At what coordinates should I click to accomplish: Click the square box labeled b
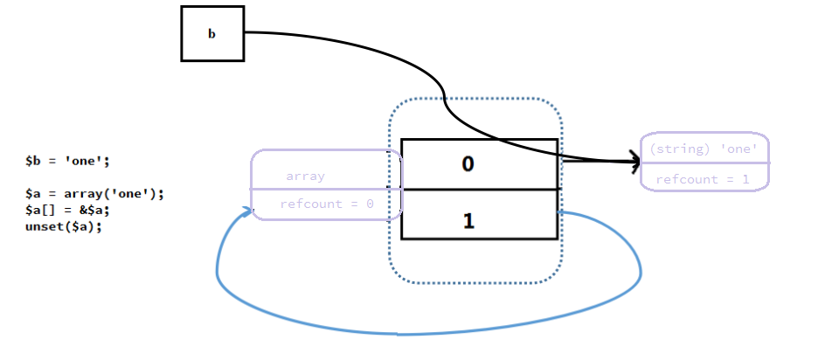[x=212, y=33]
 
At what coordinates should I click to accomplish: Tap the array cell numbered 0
[x=479, y=163]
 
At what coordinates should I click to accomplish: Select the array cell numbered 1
[x=479, y=214]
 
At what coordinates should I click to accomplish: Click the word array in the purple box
[x=305, y=176]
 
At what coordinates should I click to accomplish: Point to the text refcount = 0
[x=327, y=204]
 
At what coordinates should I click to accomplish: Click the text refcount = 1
[x=704, y=179]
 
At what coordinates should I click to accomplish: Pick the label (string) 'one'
[x=704, y=149]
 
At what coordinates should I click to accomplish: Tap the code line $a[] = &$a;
[x=70, y=210]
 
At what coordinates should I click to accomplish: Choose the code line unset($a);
[x=58, y=226]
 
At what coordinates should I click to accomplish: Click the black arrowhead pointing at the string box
[x=633, y=161]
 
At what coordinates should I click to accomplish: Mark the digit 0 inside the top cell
[x=468, y=163]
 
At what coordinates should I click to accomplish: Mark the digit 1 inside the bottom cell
[x=468, y=221]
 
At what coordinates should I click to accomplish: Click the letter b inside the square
[x=211, y=34]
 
